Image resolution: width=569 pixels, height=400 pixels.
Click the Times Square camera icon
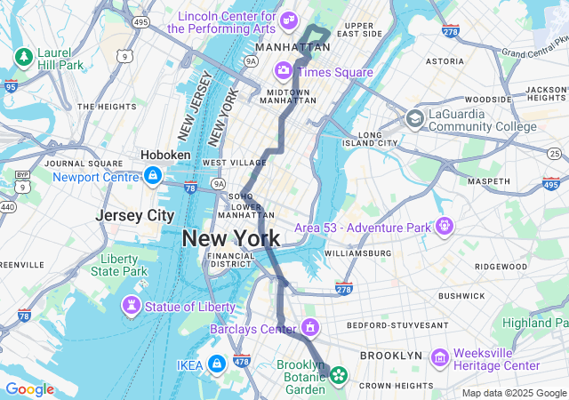click(283, 70)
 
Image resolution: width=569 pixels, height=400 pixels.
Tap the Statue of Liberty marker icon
click(132, 306)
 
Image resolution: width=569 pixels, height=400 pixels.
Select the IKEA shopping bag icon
click(216, 364)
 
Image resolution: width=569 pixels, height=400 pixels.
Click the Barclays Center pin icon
click(309, 328)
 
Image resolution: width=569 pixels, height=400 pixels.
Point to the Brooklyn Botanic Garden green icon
click(338, 376)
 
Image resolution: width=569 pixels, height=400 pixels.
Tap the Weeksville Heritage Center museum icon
click(439, 357)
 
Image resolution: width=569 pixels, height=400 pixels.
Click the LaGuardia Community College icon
click(414, 118)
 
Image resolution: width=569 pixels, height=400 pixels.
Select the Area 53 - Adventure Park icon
click(444, 227)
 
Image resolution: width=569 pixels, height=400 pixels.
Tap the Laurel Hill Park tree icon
click(22, 58)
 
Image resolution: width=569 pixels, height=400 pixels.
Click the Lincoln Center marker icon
click(288, 20)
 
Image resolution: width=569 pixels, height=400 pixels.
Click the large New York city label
click(230, 238)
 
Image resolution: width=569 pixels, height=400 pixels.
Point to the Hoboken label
click(165, 155)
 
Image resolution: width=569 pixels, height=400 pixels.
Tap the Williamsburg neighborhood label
click(357, 253)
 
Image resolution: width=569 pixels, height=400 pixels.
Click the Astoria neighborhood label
click(445, 61)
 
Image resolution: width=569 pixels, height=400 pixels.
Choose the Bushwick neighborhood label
click(461, 295)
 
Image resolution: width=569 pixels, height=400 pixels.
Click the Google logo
click(29, 389)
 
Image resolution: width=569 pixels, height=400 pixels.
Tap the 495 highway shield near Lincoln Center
click(140, 20)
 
